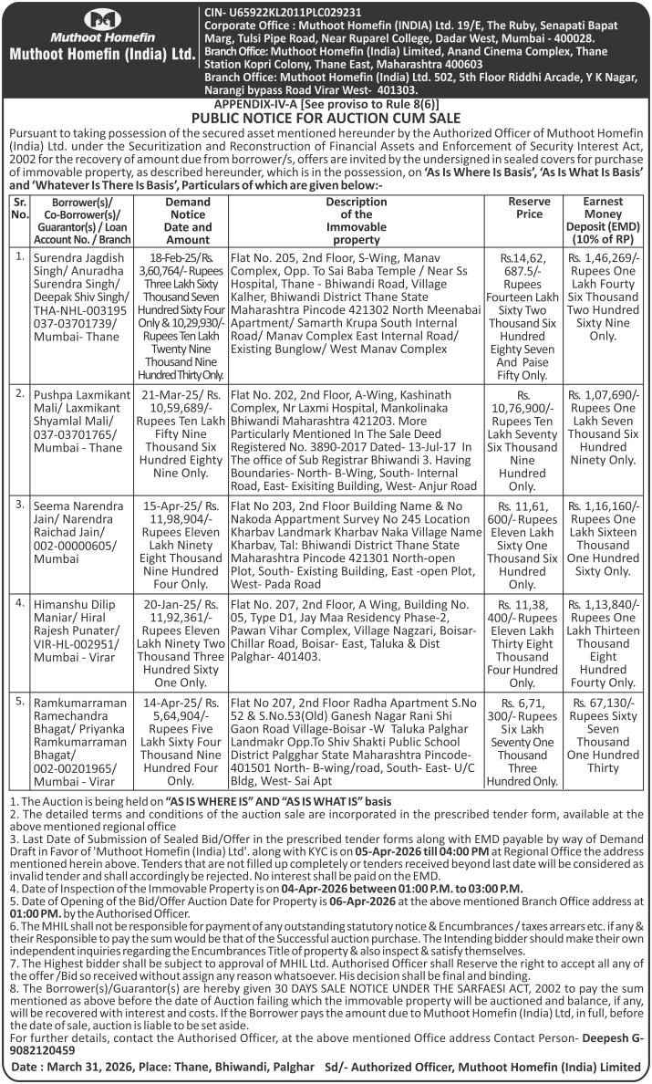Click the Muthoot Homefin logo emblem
101,19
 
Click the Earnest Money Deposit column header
607,220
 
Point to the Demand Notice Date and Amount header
187,220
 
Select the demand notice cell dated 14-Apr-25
187,741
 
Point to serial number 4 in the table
20,603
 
